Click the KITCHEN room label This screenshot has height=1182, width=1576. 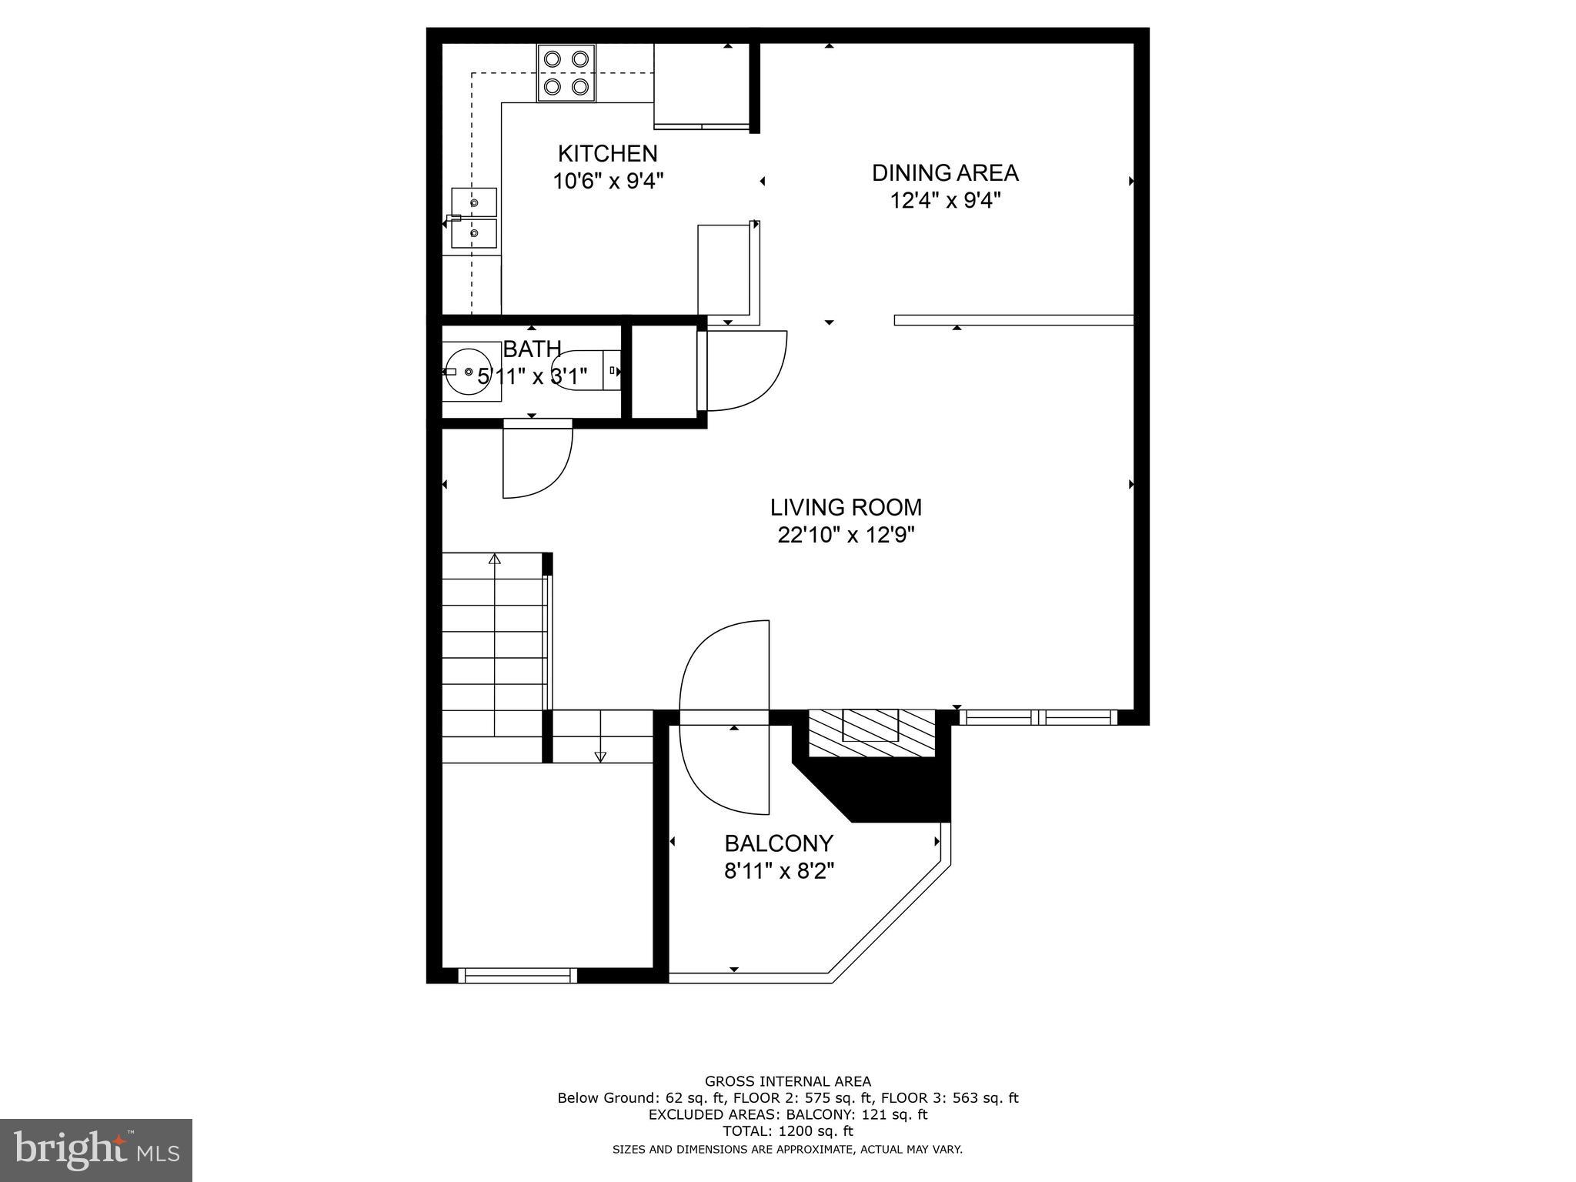coord(607,153)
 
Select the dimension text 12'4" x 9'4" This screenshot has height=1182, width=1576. coord(945,201)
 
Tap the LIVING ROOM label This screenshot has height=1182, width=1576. coord(846,507)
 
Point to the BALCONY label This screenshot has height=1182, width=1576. coord(779,843)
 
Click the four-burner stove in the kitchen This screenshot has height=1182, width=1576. coord(566,73)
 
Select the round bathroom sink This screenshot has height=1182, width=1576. coord(468,372)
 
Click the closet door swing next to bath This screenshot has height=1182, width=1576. coord(745,371)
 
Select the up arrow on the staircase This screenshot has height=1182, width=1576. coord(495,559)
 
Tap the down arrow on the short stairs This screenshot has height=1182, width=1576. coord(600,756)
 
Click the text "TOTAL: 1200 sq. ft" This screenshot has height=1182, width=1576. coord(787,1131)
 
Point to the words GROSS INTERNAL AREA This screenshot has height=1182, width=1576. coord(787,1081)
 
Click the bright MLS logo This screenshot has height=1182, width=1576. coord(96,1150)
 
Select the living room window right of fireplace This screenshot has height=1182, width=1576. coord(1038,717)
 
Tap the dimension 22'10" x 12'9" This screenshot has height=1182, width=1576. coord(846,535)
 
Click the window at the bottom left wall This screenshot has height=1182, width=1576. coord(517,976)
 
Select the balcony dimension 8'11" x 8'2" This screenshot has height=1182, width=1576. coord(779,871)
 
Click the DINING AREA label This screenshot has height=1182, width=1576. coord(945,172)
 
